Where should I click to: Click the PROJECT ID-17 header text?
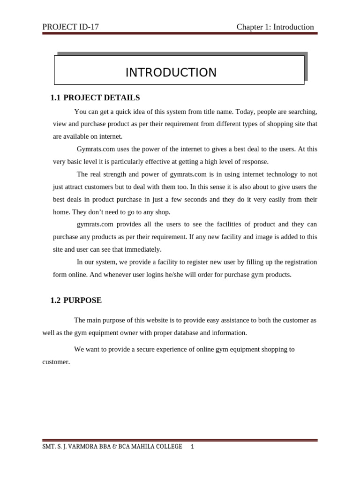[x=70, y=27]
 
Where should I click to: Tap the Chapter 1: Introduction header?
[x=275, y=27]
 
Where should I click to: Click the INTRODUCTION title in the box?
[x=171, y=73]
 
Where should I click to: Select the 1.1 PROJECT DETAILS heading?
[x=95, y=98]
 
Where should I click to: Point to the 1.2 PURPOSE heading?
[x=76, y=300]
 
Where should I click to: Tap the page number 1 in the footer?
[x=192, y=447]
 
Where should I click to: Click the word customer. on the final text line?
[x=56, y=362]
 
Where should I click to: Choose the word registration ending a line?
[x=298, y=262]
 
